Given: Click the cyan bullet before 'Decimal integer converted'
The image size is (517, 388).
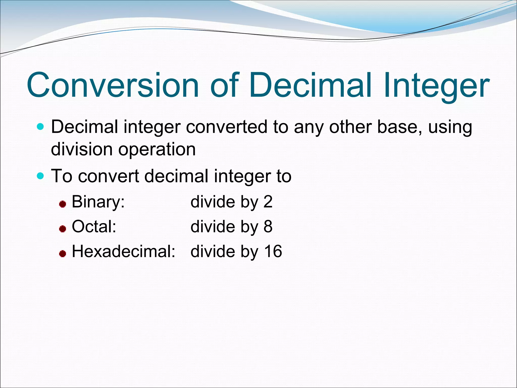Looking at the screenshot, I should tap(40, 126).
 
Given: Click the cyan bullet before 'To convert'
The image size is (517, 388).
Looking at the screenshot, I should tap(40, 175).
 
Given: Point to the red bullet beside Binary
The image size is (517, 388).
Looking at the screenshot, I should tap(63, 204).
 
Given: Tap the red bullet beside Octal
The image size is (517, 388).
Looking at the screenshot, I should tap(63, 229).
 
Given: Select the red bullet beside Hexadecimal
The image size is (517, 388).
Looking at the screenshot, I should tap(63, 254).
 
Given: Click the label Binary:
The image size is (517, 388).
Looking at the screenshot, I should tap(98, 202).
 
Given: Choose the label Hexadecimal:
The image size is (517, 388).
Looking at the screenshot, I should tap(123, 252).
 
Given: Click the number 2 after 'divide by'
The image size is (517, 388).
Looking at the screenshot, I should tap(268, 202).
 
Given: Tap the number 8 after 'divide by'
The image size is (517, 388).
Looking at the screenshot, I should tap(268, 227).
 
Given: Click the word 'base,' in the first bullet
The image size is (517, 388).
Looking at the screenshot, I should tap(400, 127).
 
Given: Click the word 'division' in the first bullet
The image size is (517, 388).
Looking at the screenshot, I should tap(82, 149).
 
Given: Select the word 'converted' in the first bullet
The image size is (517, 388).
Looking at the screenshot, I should tap(226, 127).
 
